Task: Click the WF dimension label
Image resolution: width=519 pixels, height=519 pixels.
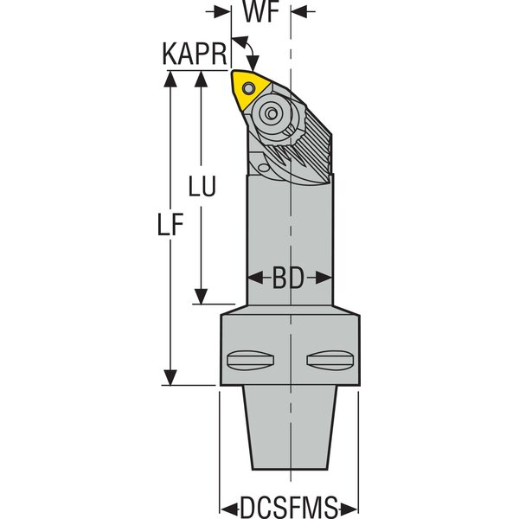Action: coord(260,14)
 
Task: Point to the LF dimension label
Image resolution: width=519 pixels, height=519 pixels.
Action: coord(170,227)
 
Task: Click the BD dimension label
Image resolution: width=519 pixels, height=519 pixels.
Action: coord(289,279)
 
